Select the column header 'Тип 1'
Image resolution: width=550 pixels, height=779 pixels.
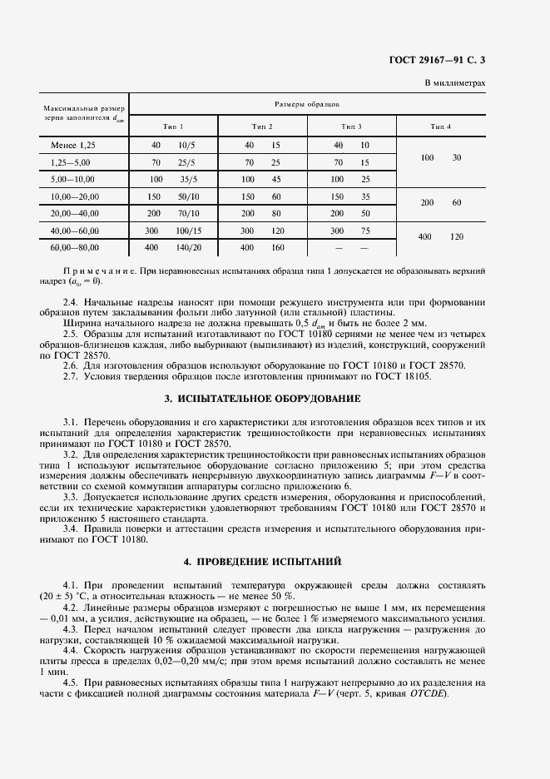(x=173, y=126)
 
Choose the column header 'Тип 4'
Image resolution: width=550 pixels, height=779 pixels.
(x=440, y=126)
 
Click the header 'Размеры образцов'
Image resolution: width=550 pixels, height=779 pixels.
(x=306, y=104)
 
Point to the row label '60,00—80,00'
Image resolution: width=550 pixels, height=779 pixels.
(x=75, y=247)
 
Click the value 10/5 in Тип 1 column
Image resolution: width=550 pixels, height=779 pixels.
(x=186, y=146)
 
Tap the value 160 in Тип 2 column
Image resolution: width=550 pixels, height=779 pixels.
(x=276, y=247)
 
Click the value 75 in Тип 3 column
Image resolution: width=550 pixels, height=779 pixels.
(x=364, y=231)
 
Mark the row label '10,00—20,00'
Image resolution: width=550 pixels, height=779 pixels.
(x=75, y=196)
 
